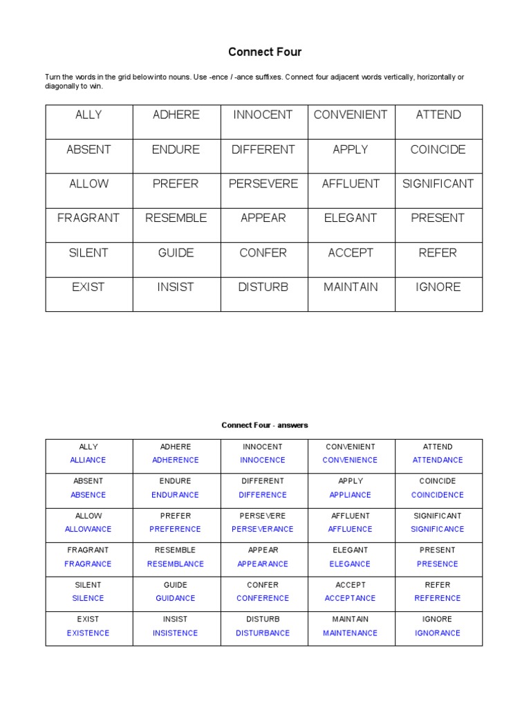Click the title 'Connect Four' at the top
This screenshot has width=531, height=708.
point(265,52)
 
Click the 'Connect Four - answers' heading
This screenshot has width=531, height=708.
point(265,425)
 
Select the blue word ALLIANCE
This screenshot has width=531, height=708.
point(88,460)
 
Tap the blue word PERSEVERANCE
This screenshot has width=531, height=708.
point(263,530)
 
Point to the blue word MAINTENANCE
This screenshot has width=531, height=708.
point(350,633)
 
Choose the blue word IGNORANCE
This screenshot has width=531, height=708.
point(438,633)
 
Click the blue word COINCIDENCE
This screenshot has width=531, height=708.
point(438,495)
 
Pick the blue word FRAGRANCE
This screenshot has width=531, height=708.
point(88,564)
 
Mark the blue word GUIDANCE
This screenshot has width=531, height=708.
point(176,599)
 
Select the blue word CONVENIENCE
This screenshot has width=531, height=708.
point(350,460)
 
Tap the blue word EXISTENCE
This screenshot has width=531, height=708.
point(88,633)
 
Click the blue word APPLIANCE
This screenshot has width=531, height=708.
point(350,495)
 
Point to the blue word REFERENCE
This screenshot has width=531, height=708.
point(438,599)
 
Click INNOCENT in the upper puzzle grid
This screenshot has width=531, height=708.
point(263,115)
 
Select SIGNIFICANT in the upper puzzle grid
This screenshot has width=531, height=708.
point(438,184)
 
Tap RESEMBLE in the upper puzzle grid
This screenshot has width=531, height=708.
point(176,218)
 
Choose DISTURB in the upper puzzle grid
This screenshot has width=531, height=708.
point(263,287)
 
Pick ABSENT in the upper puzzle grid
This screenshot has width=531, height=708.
point(88,149)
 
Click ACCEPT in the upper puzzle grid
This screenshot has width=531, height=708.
point(351,252)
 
